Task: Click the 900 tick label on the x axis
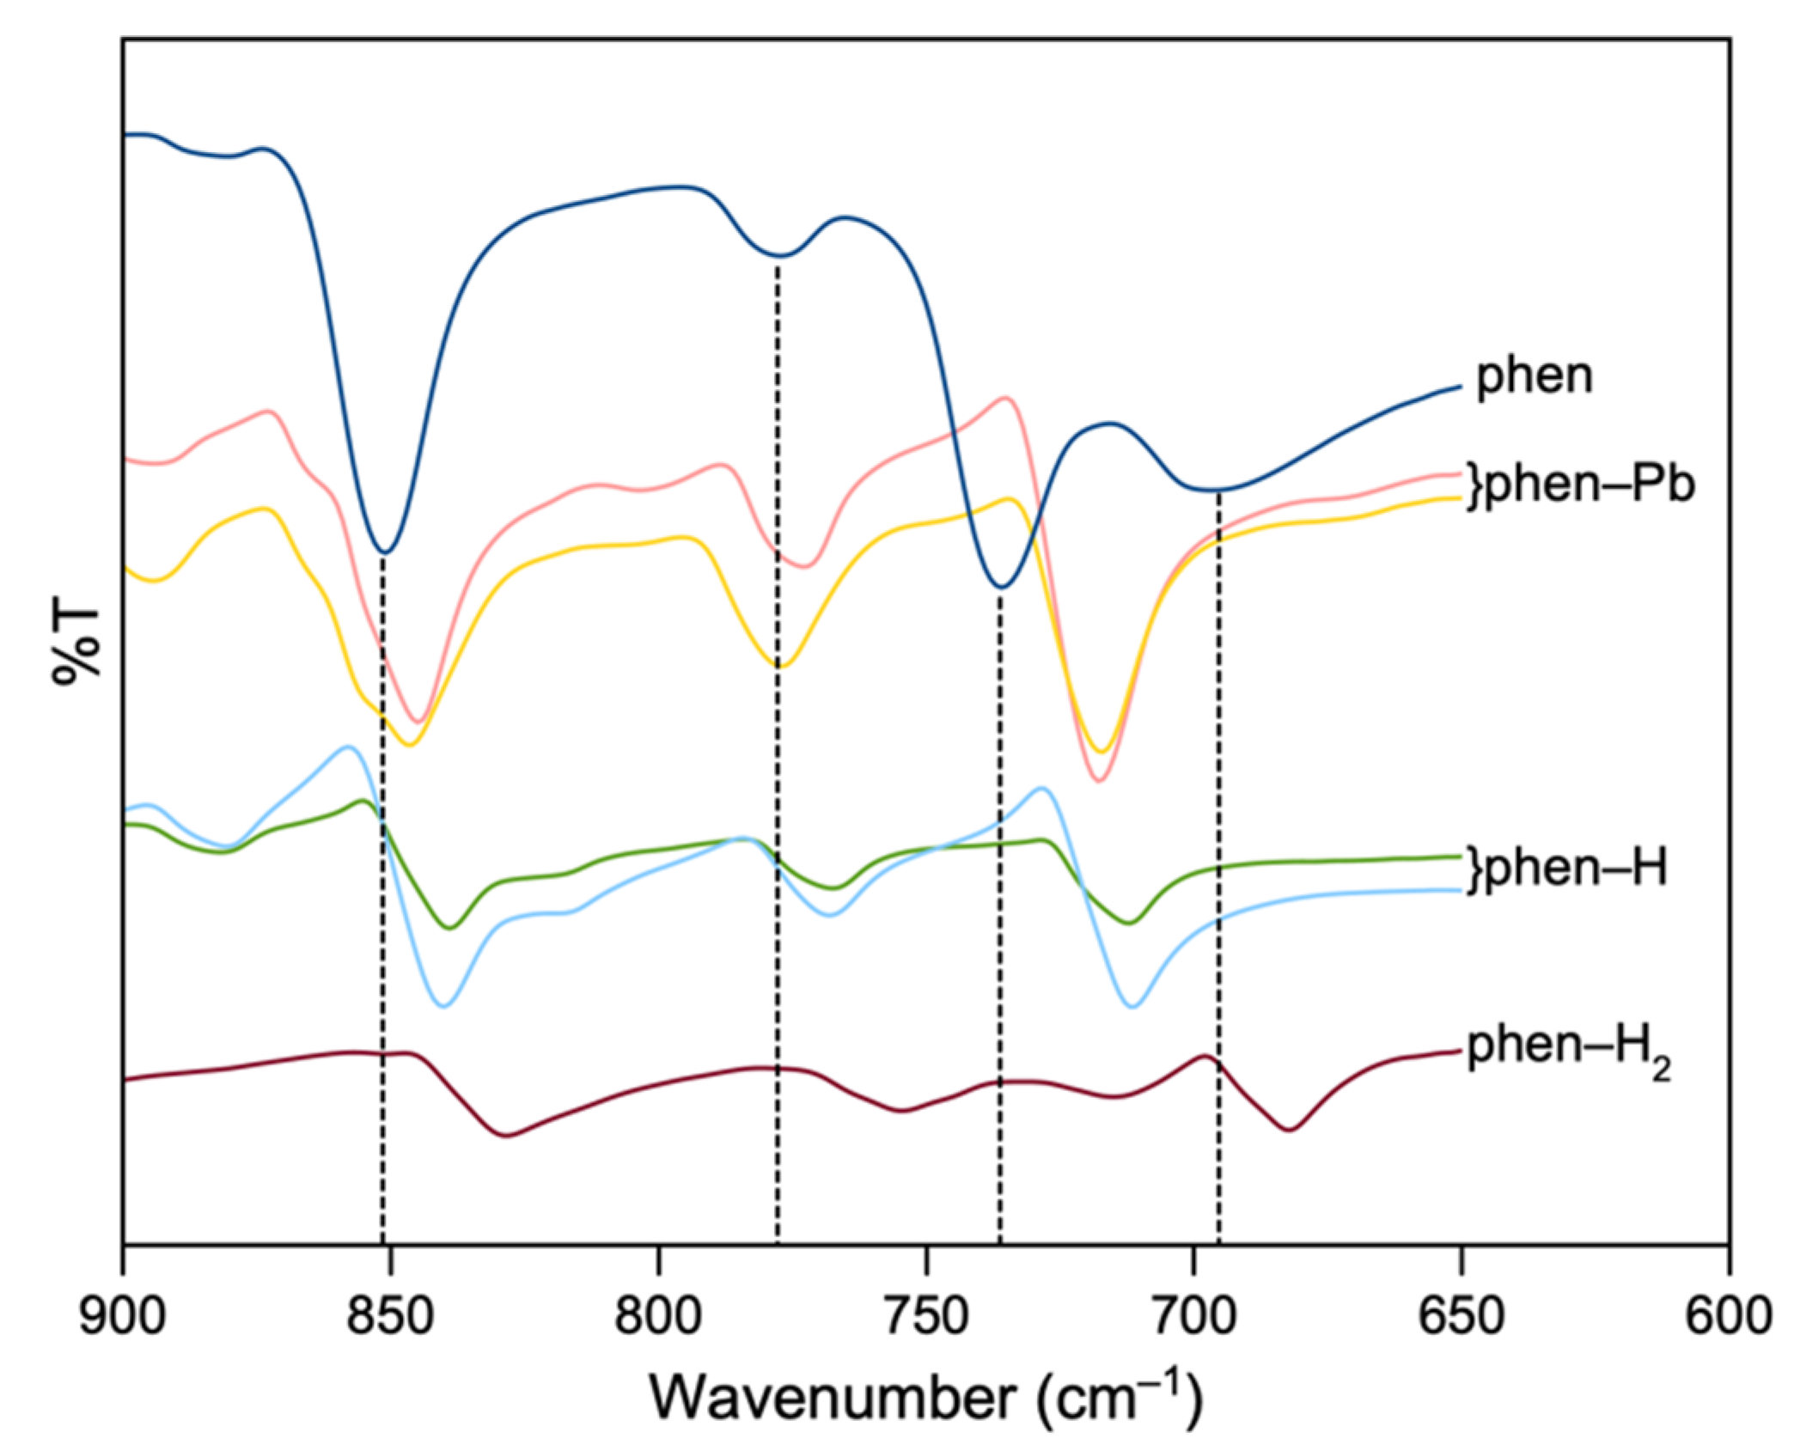(x=123, y=1316)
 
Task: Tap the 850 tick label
(x=391, y=1316)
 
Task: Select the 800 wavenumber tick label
(x=658, y=1316)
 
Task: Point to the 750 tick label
(x=926, y=1316)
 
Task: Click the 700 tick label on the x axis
(x=1193, y=1316)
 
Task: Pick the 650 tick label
(x=1461, y=1316)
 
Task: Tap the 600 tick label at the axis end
(x=1728, y=1316)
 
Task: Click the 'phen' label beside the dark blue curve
(x=1535, y=376)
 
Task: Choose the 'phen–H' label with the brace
(x=1567, y=868)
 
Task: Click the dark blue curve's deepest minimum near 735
(x=1002, y=588)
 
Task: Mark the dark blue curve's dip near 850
(x=386, y=552)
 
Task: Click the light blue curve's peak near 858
(x=348, y=747)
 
